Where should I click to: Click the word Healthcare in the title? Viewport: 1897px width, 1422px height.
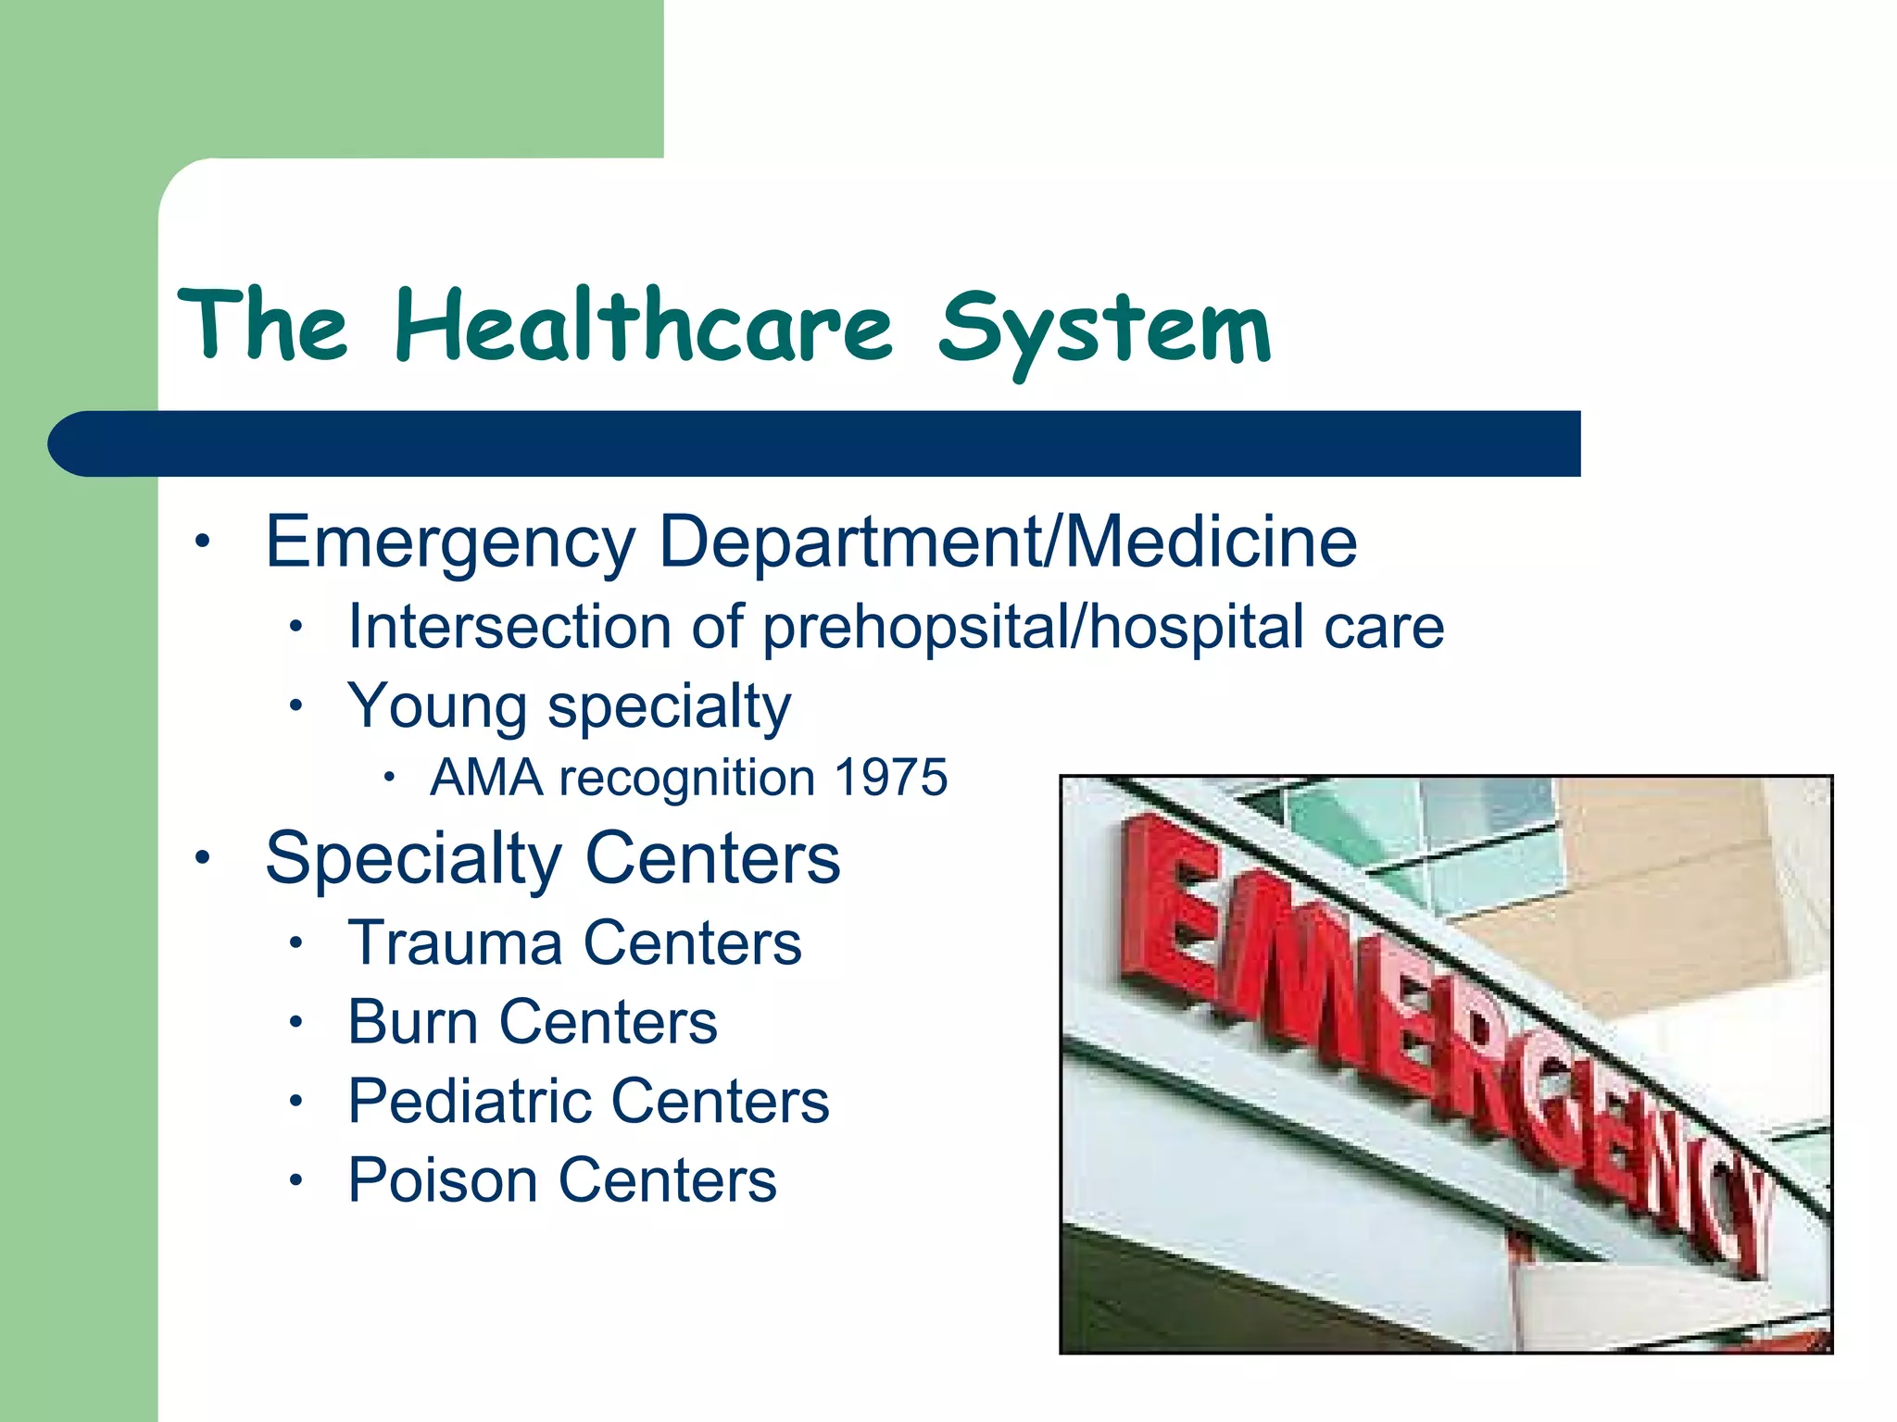[x=644, y=326]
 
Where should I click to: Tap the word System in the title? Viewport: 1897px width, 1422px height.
[x=1104, y=330]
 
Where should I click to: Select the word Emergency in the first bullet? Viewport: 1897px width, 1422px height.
[x=450, y=543]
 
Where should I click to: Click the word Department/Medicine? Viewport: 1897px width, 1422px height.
[x=1008, y=543]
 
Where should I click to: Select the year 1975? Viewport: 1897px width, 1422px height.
[x=890, y=777]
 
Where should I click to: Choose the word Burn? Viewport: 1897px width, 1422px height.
[x=412, y=1022]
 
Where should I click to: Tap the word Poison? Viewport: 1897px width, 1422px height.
[x=442, y=1180]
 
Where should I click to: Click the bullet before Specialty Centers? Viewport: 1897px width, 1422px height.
[x=203, y=857]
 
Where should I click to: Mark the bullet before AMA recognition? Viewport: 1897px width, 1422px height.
[x=390, y=778]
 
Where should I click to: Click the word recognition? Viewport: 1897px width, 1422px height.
[x=688, y=778]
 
